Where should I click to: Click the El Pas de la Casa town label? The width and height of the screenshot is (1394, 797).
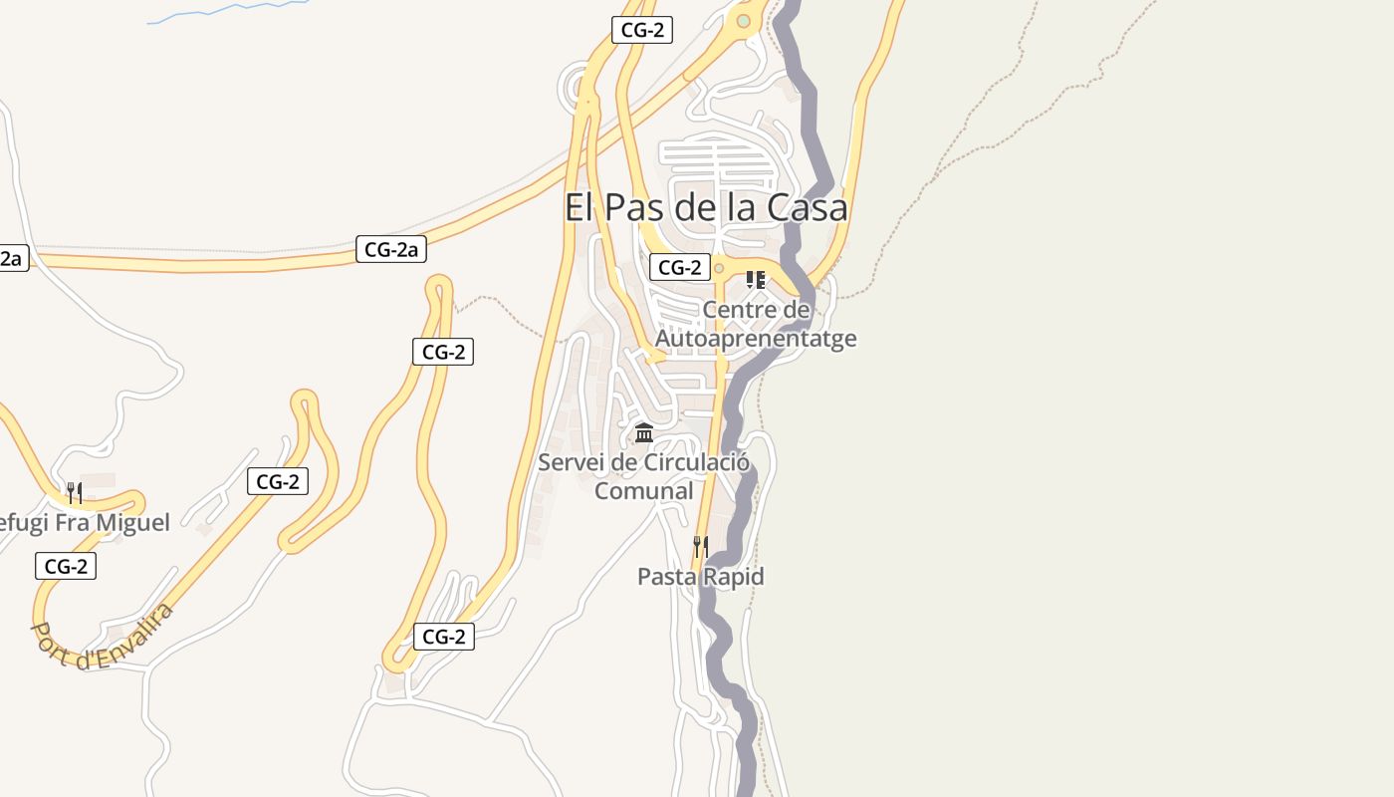click(x=706, y=207)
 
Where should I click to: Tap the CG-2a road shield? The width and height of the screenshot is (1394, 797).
click(x=391, y=249)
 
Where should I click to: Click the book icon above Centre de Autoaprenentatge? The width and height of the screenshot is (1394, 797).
click(x=756, y=280)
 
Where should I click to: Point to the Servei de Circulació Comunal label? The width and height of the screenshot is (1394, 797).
click(x=643, y=476)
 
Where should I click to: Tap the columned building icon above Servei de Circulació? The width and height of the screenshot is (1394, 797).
click(x=644, y=433)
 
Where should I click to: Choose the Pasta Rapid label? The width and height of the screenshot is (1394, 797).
click(x=700, y=576)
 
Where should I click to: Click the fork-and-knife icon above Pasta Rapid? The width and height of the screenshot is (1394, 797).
click(x=701, y=546)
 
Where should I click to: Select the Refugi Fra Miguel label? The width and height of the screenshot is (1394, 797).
click(x=84, y=522)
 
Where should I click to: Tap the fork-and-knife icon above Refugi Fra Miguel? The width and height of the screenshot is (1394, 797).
click(x=74, y=492)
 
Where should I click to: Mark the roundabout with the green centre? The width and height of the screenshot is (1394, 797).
click(x=743, y=21)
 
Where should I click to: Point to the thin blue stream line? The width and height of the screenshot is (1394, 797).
click(x=229, y=11)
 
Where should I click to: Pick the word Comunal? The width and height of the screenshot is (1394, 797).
click(x=643, y=490)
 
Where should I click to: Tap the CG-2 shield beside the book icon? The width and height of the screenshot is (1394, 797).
click(x=679, y=267)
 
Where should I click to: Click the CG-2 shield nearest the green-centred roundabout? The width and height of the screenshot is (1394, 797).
click(x=642, y=30)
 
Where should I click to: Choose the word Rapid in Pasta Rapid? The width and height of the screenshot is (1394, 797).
click(x=734, y=576)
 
